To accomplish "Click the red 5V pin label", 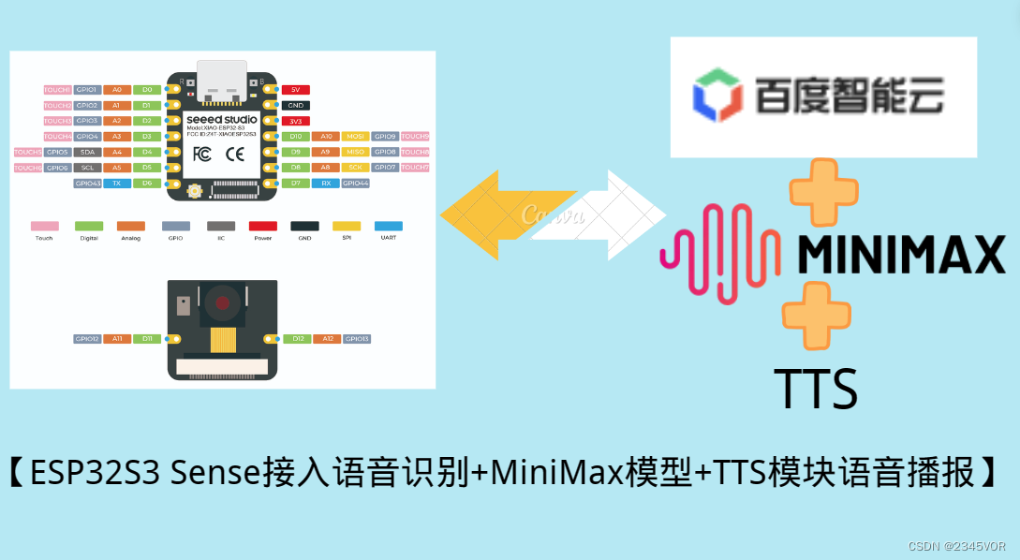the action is (295, 90).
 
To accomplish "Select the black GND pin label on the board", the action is (295, 106).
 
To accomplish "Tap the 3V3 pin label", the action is (295, 121).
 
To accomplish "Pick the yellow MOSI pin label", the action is (356, 137).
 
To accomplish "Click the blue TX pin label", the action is (117, 184).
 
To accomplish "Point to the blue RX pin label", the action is (325, 184).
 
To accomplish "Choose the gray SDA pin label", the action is (87, 152).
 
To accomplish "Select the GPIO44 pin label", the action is (356, 184).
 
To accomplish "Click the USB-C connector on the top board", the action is (221, 81).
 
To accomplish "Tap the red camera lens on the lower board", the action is (221, 302).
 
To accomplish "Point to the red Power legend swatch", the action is (262, 226).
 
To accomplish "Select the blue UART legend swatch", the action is (388, 226).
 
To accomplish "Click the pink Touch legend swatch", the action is (44, 226).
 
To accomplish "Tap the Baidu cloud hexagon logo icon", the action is (717, 95).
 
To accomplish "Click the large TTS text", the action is (815, 389).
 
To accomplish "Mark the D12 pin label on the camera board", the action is (296, 339).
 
